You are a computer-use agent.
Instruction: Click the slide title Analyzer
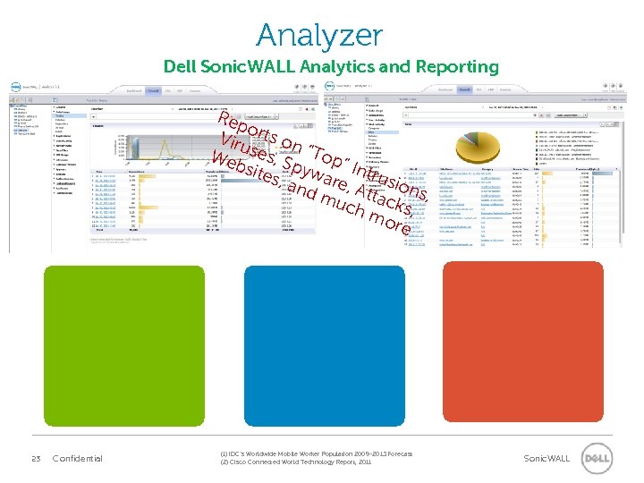click(319, 36)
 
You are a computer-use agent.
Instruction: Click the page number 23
click(37, 459)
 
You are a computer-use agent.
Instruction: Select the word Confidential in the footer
click(78, 459)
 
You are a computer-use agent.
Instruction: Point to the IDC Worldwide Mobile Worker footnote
click(316, 454)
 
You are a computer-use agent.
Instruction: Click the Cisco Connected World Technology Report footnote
click(295, 462)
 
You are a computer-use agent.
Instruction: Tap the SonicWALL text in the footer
click(547, 459)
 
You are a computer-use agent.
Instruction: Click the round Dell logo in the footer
click(597, 459)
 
